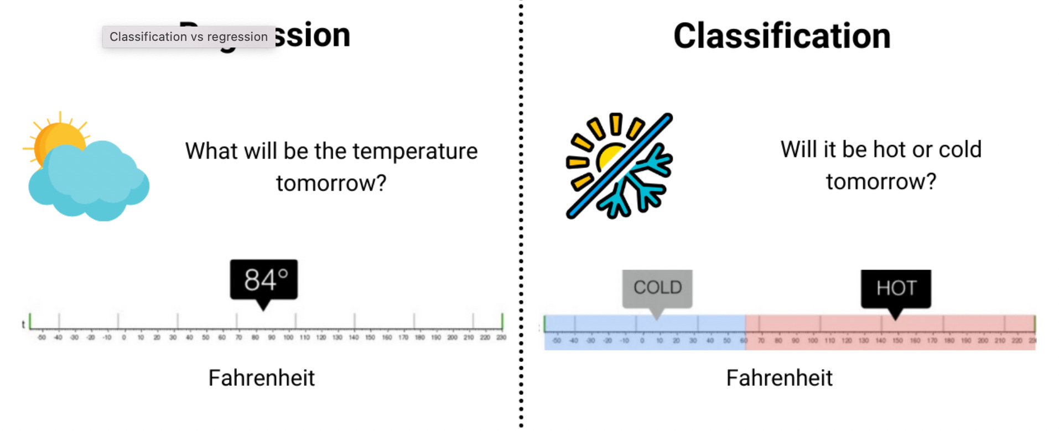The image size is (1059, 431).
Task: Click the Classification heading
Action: coord(781,36)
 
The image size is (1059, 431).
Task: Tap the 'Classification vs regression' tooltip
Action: coord(188,37)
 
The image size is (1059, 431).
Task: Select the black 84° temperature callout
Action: coord(264,280)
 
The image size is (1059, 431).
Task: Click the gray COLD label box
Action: coord(657,287)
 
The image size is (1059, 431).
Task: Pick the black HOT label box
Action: coord(896,288)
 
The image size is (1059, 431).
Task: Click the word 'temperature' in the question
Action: coord(415,151)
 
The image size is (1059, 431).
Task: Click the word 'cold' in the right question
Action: coord(960,149)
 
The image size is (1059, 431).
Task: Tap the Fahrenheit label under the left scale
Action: coord(261,379)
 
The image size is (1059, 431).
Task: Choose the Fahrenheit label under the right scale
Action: coord(779,379)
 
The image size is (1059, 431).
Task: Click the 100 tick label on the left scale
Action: coord(288,337)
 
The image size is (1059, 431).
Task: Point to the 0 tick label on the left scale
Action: coord(124,337)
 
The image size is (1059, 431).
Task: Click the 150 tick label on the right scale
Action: coord(897,340)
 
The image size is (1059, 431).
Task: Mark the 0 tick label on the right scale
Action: coord(642,340)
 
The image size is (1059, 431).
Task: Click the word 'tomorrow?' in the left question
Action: coord(331,183)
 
